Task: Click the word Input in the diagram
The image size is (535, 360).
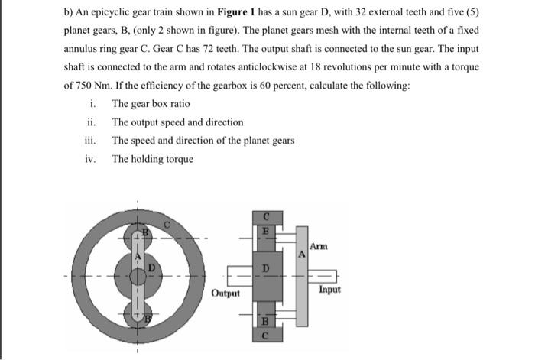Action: click(330, 290)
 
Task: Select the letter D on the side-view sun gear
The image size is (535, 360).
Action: click(265, 268)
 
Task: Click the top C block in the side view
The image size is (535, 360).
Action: click(265, 216)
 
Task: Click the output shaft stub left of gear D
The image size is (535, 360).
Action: click(235, 276)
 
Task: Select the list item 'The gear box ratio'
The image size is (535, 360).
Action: click(151, 104)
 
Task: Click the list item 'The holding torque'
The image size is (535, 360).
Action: click(152, 159)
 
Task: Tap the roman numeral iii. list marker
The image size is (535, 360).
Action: click(91, 141)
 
